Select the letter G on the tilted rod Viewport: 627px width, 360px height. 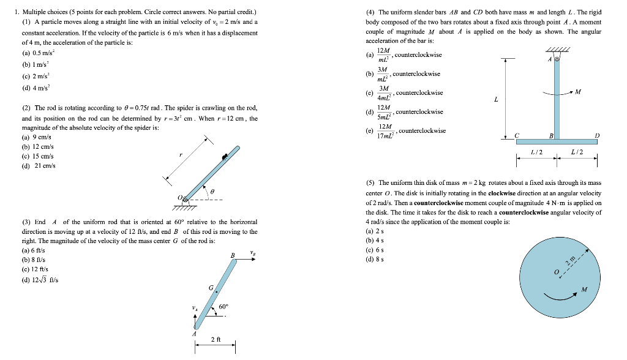pyautogui.click(x=211, y=288)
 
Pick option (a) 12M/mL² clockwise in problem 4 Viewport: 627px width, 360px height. pyautogui.click(x=404, y=55)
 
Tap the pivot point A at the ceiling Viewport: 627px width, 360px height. pyautogui.click(x=557, y=60)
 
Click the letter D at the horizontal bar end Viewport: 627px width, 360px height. pyautogui.click(x=597, y=136)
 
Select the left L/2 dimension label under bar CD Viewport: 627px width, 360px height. pyautogui.click(x=536, y=152)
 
